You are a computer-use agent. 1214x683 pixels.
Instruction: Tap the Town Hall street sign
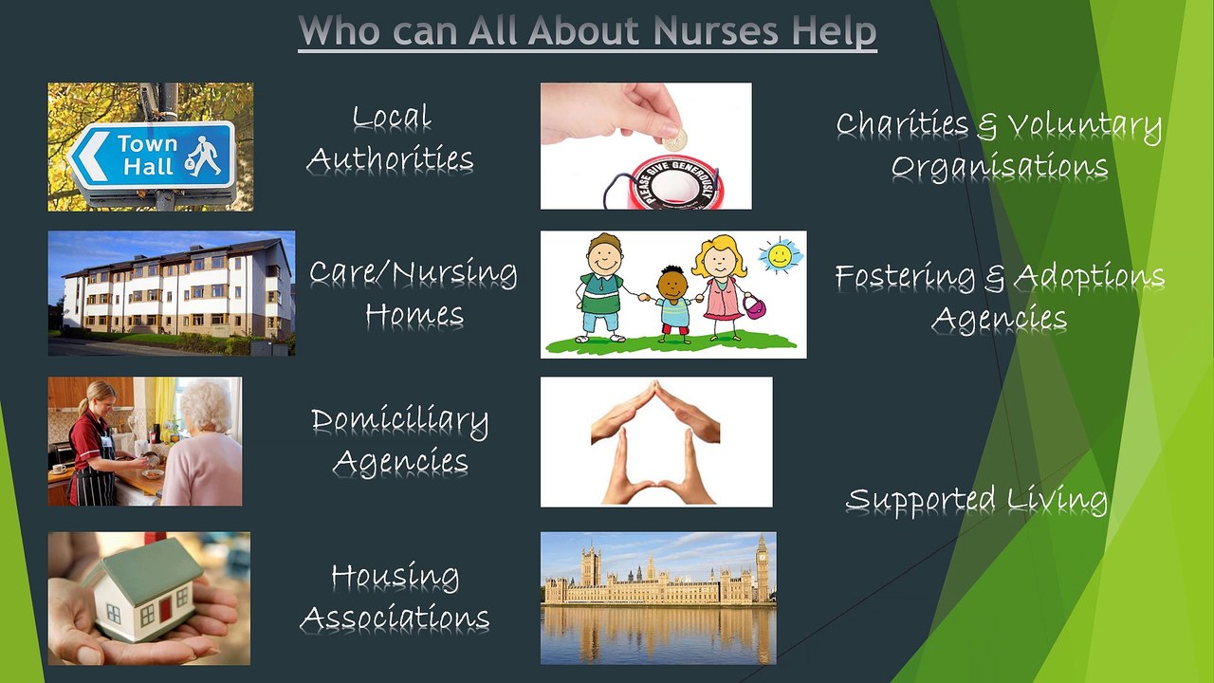tap(152, 155)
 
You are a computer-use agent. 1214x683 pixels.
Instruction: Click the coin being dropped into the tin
tap(675, 140)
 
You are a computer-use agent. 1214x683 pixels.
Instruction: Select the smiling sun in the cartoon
tap(780, 255)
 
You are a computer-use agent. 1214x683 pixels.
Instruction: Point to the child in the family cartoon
tap(673, 299)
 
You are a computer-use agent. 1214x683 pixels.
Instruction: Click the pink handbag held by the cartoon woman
tap(755, 305)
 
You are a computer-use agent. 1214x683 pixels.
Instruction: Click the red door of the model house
tap(165, 607)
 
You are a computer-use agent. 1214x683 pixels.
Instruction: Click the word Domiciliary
tap(399, 421)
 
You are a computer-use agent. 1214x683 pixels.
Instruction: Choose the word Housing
tap(395, 576)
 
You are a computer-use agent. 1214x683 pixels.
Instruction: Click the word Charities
tap(902, 124)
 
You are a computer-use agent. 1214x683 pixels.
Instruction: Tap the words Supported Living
tap(976, 500)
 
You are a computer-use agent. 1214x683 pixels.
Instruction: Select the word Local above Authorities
tap(392, 118)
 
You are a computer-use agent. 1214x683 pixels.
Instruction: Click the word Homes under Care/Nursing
tap(414, 314)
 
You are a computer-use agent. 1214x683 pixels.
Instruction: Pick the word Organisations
tap(999, 166)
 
